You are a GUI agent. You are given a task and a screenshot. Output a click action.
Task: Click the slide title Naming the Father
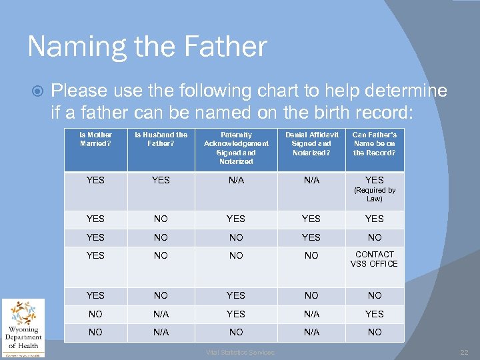[x=147, y=47]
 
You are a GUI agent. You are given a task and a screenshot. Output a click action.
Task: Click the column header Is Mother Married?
[x=96, y=139]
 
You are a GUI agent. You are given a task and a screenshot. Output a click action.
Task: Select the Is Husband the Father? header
[x=161, y=139]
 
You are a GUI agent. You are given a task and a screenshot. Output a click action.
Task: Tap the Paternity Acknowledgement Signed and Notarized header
[x=236, y=147]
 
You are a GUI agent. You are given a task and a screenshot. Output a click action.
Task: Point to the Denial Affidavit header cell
[x=311, y=143]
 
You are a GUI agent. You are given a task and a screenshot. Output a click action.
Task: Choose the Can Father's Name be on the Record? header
[x=374, y=143]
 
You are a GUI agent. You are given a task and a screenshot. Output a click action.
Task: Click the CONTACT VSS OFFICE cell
[x=374, y=259]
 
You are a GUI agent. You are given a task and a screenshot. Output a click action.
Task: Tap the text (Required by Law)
[x=374, y=194]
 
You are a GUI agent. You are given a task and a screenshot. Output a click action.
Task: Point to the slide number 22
[x=464, y=352]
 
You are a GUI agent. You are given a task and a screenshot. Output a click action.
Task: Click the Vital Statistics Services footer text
[x=239, y=352]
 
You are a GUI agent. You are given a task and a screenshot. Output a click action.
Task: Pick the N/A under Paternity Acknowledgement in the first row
[x=236, y=180]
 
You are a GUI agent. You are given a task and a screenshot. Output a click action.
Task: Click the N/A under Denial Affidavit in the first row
[x=311, y=180]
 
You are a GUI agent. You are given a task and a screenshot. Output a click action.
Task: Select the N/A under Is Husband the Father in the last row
[x=161, y=332]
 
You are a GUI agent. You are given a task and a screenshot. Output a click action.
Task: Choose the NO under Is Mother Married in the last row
[x=96, y=332]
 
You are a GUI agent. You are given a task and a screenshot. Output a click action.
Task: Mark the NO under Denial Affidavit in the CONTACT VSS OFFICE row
[x=311, y=255]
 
